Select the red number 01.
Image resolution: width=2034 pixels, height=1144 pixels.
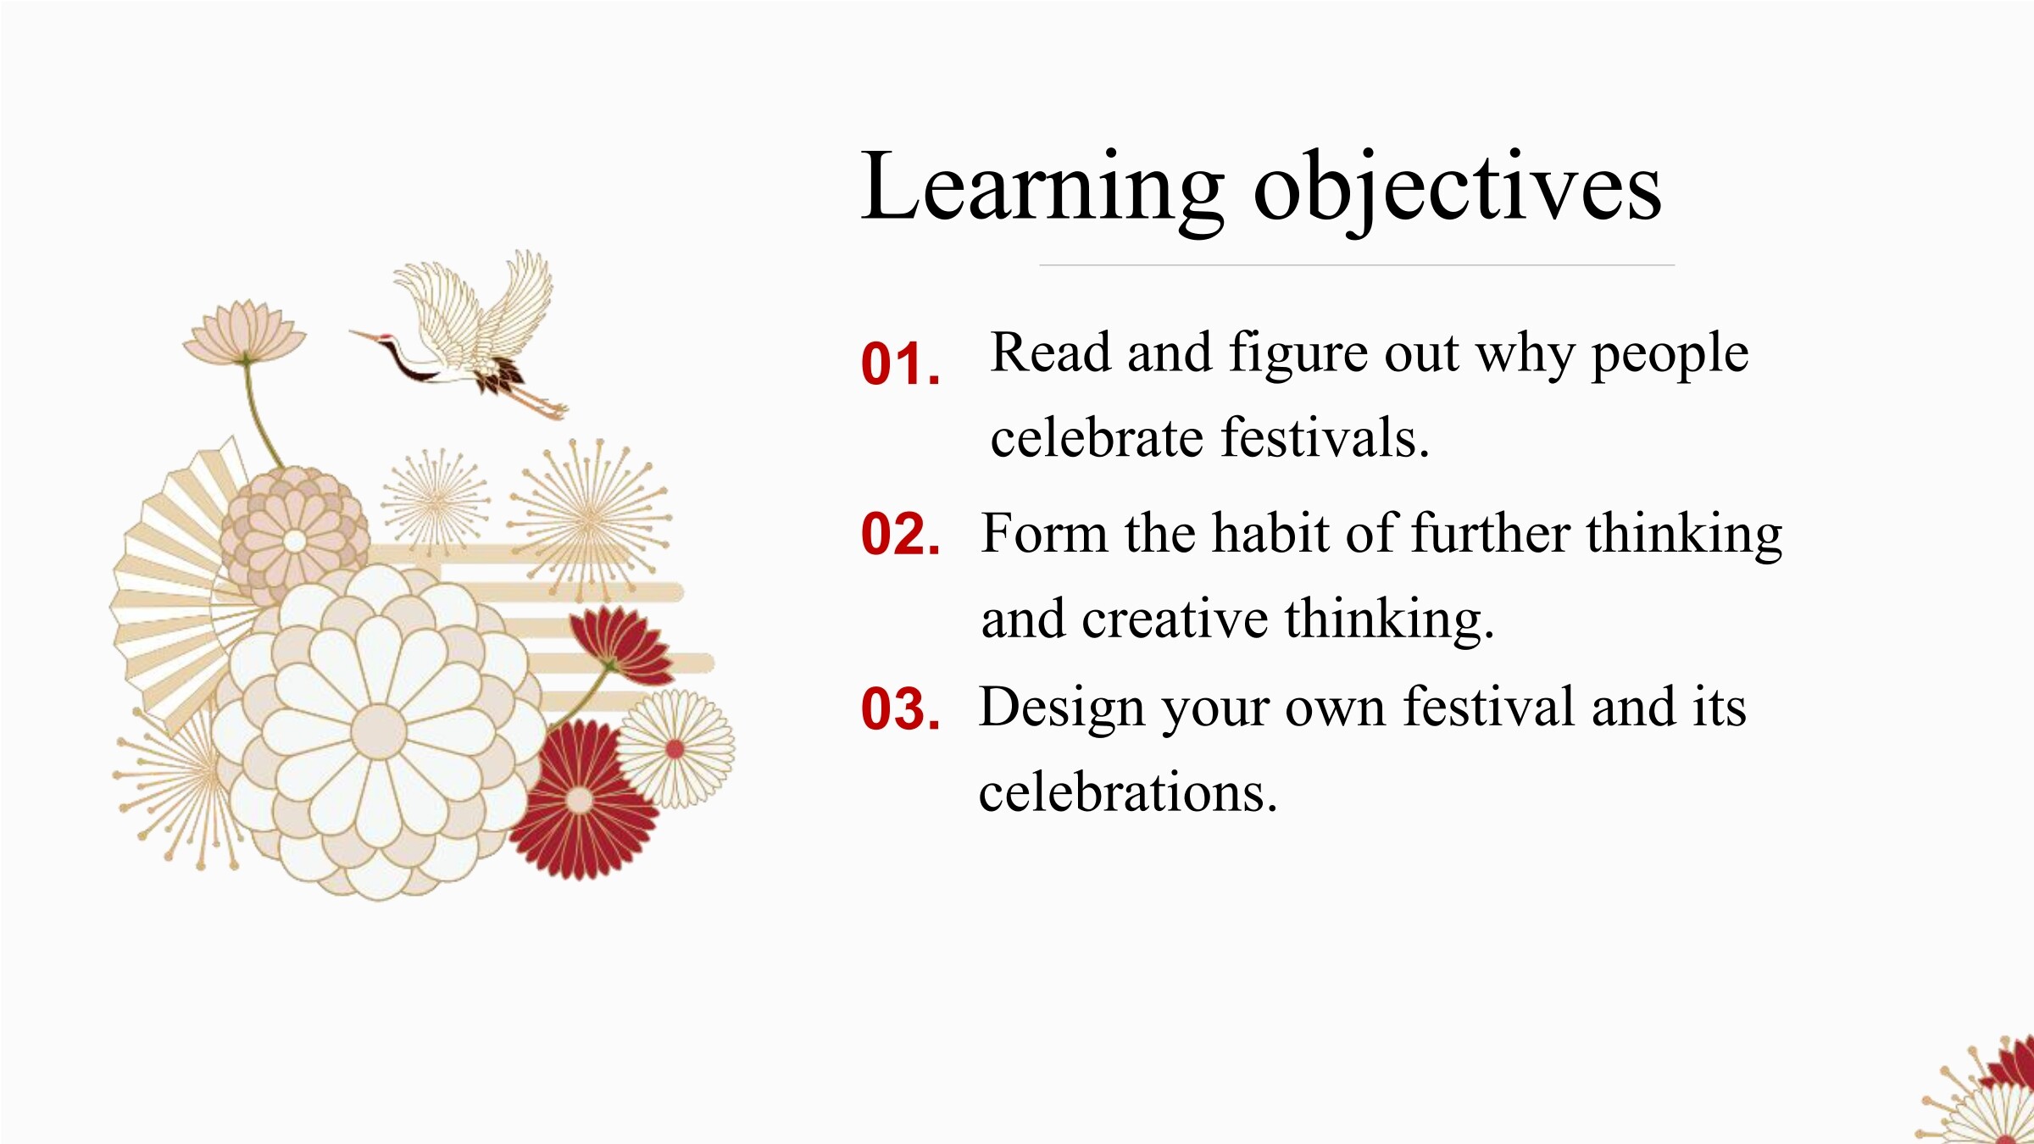click(x=900, y=364)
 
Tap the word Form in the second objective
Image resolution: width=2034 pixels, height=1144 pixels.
click(x=1044, y=533)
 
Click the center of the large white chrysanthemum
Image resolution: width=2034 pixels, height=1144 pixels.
click(x=378, y=731)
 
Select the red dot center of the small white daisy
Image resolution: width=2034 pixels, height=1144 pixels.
click(x=675, y=749)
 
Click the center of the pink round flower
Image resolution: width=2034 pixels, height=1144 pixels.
click(x=294, y=541)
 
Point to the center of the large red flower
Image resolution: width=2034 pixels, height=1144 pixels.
click(x=580, y=800)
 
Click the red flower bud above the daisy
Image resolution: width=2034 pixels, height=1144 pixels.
click(x=623, y=646)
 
